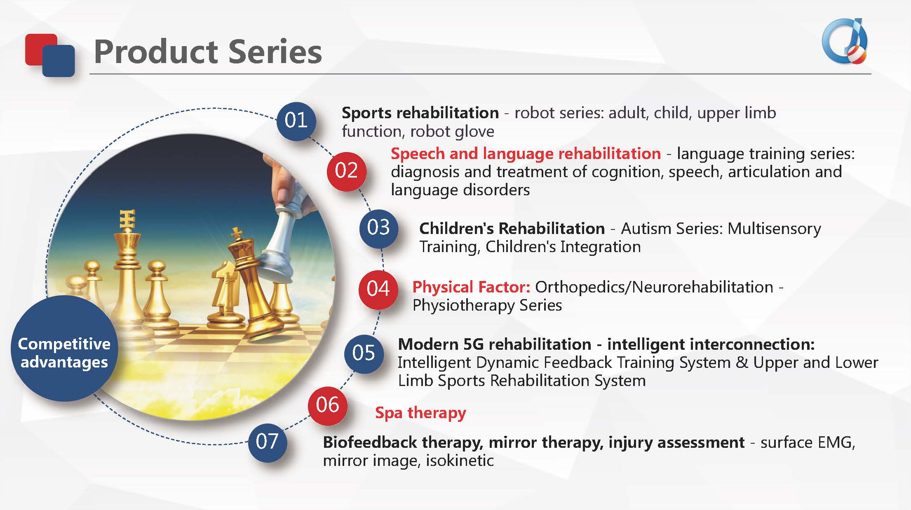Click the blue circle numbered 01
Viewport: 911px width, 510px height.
point(296,121)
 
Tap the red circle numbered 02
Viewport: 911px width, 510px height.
point(346,171)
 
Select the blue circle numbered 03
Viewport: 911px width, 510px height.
point(378,228)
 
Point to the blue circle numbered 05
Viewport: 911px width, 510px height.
point(364,353)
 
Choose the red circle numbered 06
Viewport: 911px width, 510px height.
point(328,405)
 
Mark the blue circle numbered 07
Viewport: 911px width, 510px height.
point(267,442)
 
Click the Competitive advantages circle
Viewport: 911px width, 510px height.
point(64,349)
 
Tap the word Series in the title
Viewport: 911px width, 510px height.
point(275,52)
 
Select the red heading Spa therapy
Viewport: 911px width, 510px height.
point(420,413)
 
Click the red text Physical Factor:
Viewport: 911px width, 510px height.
point(471,287)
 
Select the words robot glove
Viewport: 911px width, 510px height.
point(452,132)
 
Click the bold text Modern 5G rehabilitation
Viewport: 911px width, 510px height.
point(495,344)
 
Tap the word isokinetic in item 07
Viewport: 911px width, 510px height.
point(460,461)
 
